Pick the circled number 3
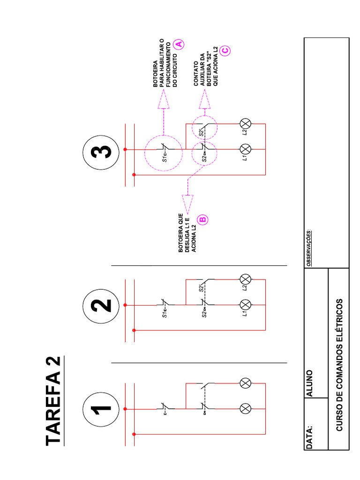click(101, 152)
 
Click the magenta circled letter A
click(178, 44)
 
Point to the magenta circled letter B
click(203, 219)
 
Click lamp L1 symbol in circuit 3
click(246, 149)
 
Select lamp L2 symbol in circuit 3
click(246, 124)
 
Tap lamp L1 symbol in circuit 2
click(246, 305)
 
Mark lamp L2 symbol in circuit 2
click(246, 279)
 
